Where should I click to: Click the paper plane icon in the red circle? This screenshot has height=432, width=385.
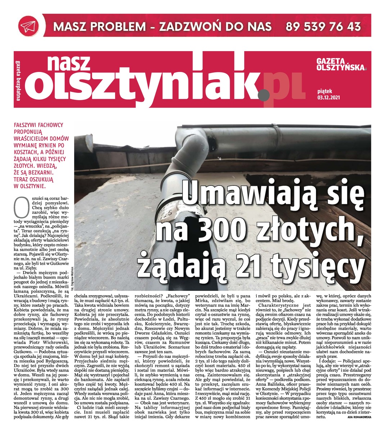click(29, 26)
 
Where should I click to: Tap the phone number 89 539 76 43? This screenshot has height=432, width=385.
click(323, 26)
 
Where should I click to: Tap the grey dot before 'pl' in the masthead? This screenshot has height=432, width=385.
click(264, 94)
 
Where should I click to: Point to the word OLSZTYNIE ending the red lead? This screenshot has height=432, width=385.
click(31, 186)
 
